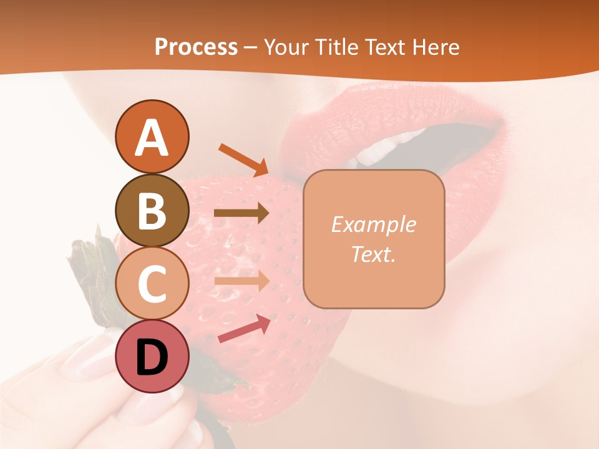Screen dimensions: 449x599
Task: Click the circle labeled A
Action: pos(152,137)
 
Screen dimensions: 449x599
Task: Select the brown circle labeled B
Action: pos(152,210)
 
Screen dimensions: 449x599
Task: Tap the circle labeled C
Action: pos(152,283)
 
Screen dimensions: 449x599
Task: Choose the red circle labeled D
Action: pos(152,357)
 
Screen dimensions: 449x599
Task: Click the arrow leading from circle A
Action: pos(243,160)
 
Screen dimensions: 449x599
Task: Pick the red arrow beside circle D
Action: pos(243,329)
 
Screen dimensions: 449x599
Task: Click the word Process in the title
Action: pos(196,47)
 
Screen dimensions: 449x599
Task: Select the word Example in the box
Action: pos(373,224)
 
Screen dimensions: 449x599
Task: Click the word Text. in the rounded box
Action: pos(373,254)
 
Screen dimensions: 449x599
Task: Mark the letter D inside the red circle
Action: pos(152,357)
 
